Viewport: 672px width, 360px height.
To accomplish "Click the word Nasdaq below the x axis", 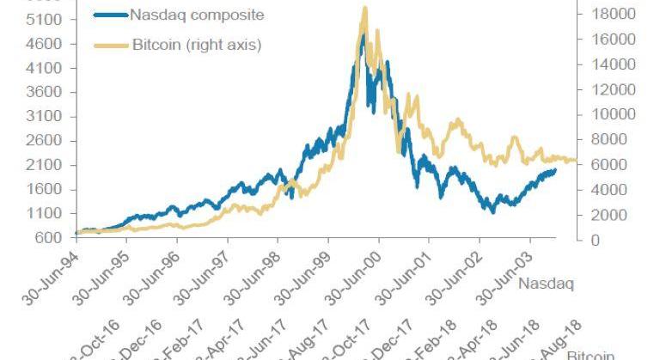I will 546,282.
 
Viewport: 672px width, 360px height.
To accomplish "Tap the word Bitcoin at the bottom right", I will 590,355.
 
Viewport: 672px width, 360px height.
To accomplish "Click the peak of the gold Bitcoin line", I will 365,8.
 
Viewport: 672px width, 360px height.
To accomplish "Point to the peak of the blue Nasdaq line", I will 363,35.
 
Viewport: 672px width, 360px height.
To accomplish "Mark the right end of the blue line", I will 554,170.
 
